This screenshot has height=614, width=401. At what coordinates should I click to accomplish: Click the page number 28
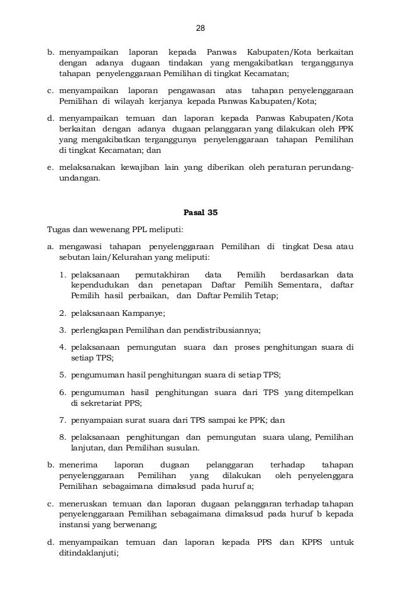(x=200, y=29)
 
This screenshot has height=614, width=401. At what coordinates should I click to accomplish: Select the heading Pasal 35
(x=200, y=212)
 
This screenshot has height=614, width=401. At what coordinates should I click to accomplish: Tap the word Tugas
(x=59, y=228)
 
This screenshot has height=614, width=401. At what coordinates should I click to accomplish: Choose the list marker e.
(x=51, y=167)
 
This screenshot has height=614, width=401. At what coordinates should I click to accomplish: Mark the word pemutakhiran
(x=156, y=275)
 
